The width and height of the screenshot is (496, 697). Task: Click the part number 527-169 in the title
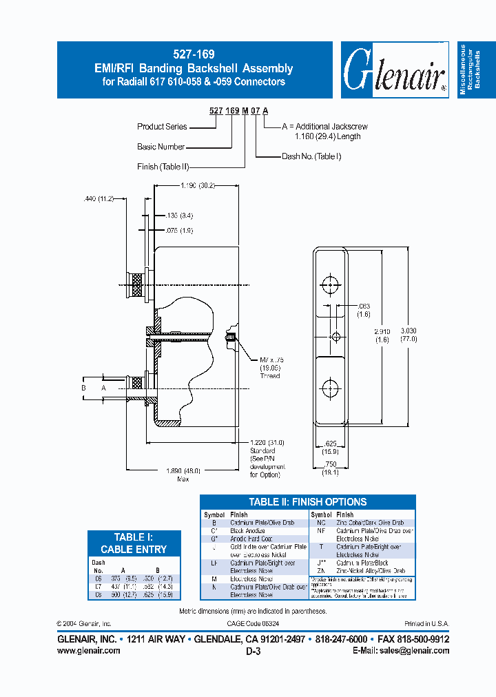pos(194,55)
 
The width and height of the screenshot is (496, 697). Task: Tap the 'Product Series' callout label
pos(161,127)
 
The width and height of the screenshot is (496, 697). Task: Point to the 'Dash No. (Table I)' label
pos(311,156)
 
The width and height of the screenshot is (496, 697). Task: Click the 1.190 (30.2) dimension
pos(198,185)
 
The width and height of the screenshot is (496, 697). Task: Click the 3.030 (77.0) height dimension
pos(417,335)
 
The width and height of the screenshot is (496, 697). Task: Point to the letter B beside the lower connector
pos(84,388)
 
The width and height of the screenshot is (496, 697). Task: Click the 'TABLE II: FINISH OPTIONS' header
pos(307,502)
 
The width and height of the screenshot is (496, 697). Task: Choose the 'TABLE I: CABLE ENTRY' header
pos(134,543)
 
